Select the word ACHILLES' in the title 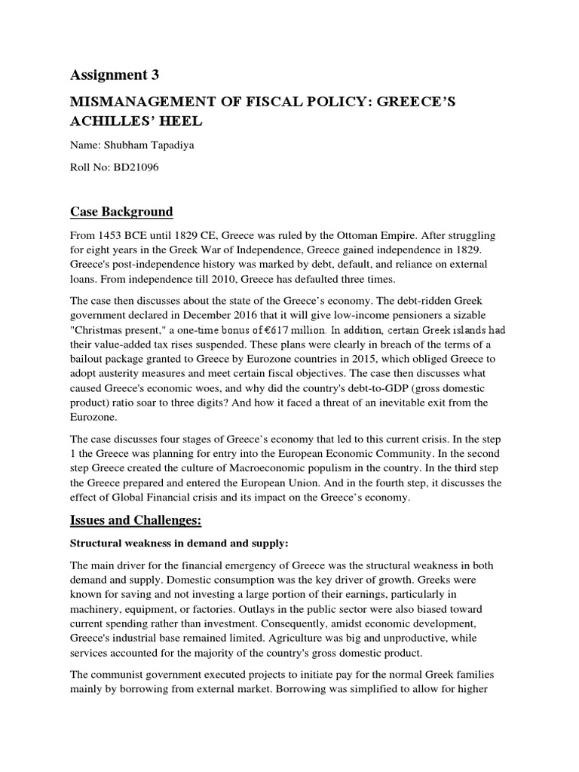tap(112, 122)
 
